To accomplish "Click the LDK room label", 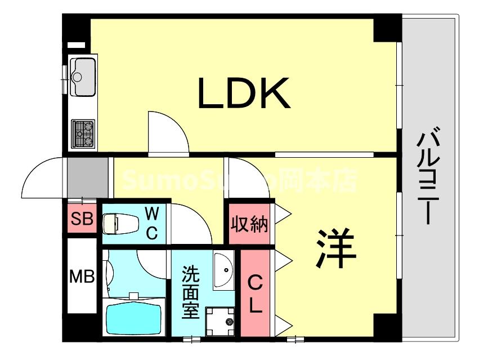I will point(243,94).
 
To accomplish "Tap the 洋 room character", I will point(335,248).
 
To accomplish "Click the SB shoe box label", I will point(82,219).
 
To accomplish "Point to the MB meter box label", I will point(81,277).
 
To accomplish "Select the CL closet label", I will point(255,293).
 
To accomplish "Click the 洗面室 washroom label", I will point(191,293).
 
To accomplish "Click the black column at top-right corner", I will point(387,29).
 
